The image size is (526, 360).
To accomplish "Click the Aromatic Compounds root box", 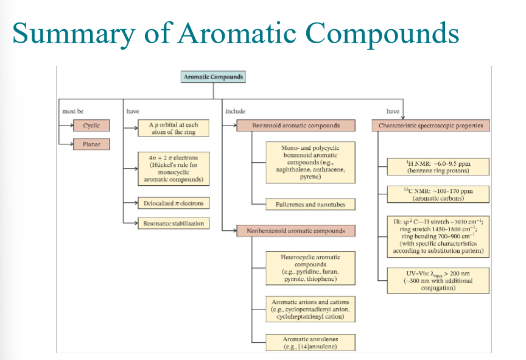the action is pyautogui.click(x=213, y=77).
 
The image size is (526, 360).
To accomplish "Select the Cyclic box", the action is pyautogui.click(x=91, y=125).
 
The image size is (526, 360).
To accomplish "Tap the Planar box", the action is pyautogui.click(x=91, y=144).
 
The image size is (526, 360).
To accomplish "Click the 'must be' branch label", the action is pyautogui.click(x=73, y=111).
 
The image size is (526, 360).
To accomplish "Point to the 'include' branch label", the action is pyautogui.click(x=235, y=111).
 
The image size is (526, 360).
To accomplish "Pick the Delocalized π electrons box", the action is pyautogui.click(x=174, y=203).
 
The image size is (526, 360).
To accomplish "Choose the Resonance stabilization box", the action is pyautogui.click(x=174, y=223).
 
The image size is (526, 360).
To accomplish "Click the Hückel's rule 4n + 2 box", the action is pyautogui.click(x=174, y=168).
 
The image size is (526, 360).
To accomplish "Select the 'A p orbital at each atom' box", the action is pyautogui.click(x=174, y=128).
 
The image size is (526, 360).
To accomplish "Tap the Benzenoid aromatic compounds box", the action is pyautogui.click(x=296, y=125).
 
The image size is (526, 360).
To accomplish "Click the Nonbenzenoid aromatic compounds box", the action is pyautogui.click(x=296, y=231).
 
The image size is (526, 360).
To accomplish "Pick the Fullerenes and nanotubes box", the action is pyautogui.click(x=310, y=204).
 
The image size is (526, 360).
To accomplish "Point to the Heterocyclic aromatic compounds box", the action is pyautogui.click(x=310, y=268).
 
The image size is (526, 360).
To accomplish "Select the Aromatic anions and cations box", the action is pyautogui.click(x=310, y=309).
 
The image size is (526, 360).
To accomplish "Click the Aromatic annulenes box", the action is pyautogui.click(x=310, y=342).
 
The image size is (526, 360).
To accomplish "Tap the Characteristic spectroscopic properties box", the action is pyautogui.click(x=431, y=125).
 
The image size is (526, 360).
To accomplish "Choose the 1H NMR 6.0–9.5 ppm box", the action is pyautogui.click(x=438, y=167).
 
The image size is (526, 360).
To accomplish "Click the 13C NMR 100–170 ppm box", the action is pyautogui.click(x=438, y=194).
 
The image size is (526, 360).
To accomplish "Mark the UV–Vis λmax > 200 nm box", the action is pyautogui.click(x=438, y=280).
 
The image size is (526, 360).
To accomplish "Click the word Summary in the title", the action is pyautogui.click(x=74, y=34).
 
